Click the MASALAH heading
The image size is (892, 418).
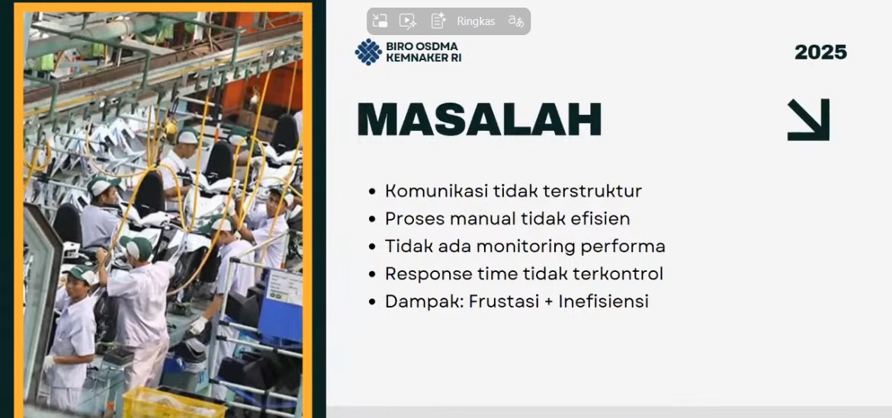coord(479,120)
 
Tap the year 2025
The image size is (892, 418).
coord(820,53)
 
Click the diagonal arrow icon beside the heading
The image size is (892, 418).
coord(808,120)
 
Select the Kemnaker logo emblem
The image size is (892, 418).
coord(368,52)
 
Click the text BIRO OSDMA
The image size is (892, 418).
coord(422,46)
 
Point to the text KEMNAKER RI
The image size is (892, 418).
coord(423,57)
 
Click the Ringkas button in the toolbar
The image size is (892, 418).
coord(476,21)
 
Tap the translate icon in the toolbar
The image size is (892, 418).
coord(516,21)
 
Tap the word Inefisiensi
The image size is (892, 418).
coord(604,301)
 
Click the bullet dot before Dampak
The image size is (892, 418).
coord(372,302)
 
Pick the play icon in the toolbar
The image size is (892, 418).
coord(407,21)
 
